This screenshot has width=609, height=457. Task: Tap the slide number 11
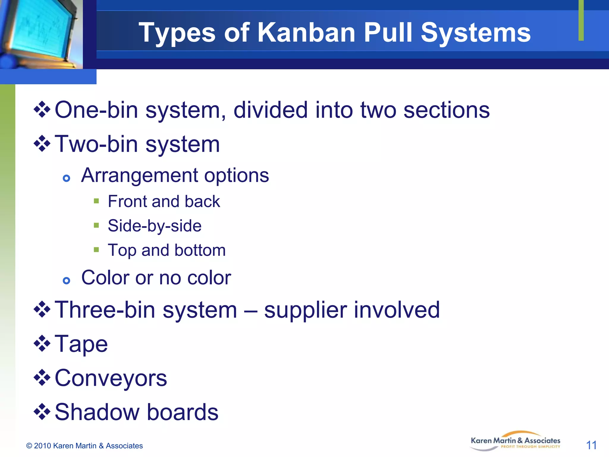point(591,445)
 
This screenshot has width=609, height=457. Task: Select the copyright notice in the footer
point(84,446)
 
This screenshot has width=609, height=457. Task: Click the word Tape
point(81,344)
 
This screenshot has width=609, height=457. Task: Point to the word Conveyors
point(111,378)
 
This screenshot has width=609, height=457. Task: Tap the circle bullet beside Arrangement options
point(67,178)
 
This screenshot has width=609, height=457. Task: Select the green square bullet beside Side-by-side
point(96,225)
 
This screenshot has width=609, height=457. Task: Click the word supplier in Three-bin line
point(306,310)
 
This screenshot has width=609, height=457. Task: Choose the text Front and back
point(164,201)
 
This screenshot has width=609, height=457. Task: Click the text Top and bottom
point(167,250)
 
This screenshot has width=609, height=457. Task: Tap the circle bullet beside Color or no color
point(67,280)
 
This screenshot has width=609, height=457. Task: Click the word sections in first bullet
point(446,110)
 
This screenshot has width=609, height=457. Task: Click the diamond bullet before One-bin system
point(42,109)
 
